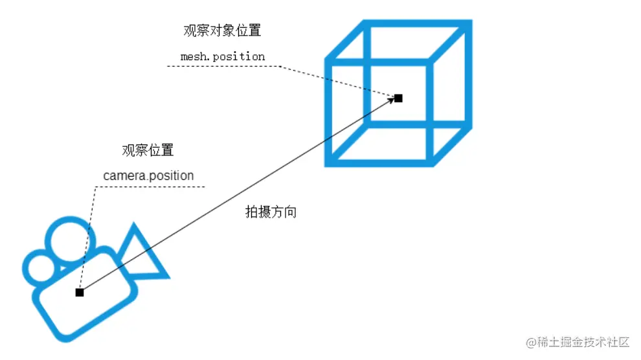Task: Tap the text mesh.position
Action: coord(223,56)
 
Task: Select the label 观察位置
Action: coord(148,151)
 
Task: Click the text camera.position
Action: coord(148,175)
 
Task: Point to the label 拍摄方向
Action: coord(271,212)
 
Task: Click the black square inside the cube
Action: coord(398,98)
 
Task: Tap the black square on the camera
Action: coord(80,293)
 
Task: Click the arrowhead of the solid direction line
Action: coord(391,100)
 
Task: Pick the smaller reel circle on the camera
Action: coord(39,267)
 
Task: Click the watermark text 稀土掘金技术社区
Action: coord(585,342)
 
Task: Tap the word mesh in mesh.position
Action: coord(192,56)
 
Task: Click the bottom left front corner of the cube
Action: coord(330,162)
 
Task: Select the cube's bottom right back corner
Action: coord(467,124)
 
